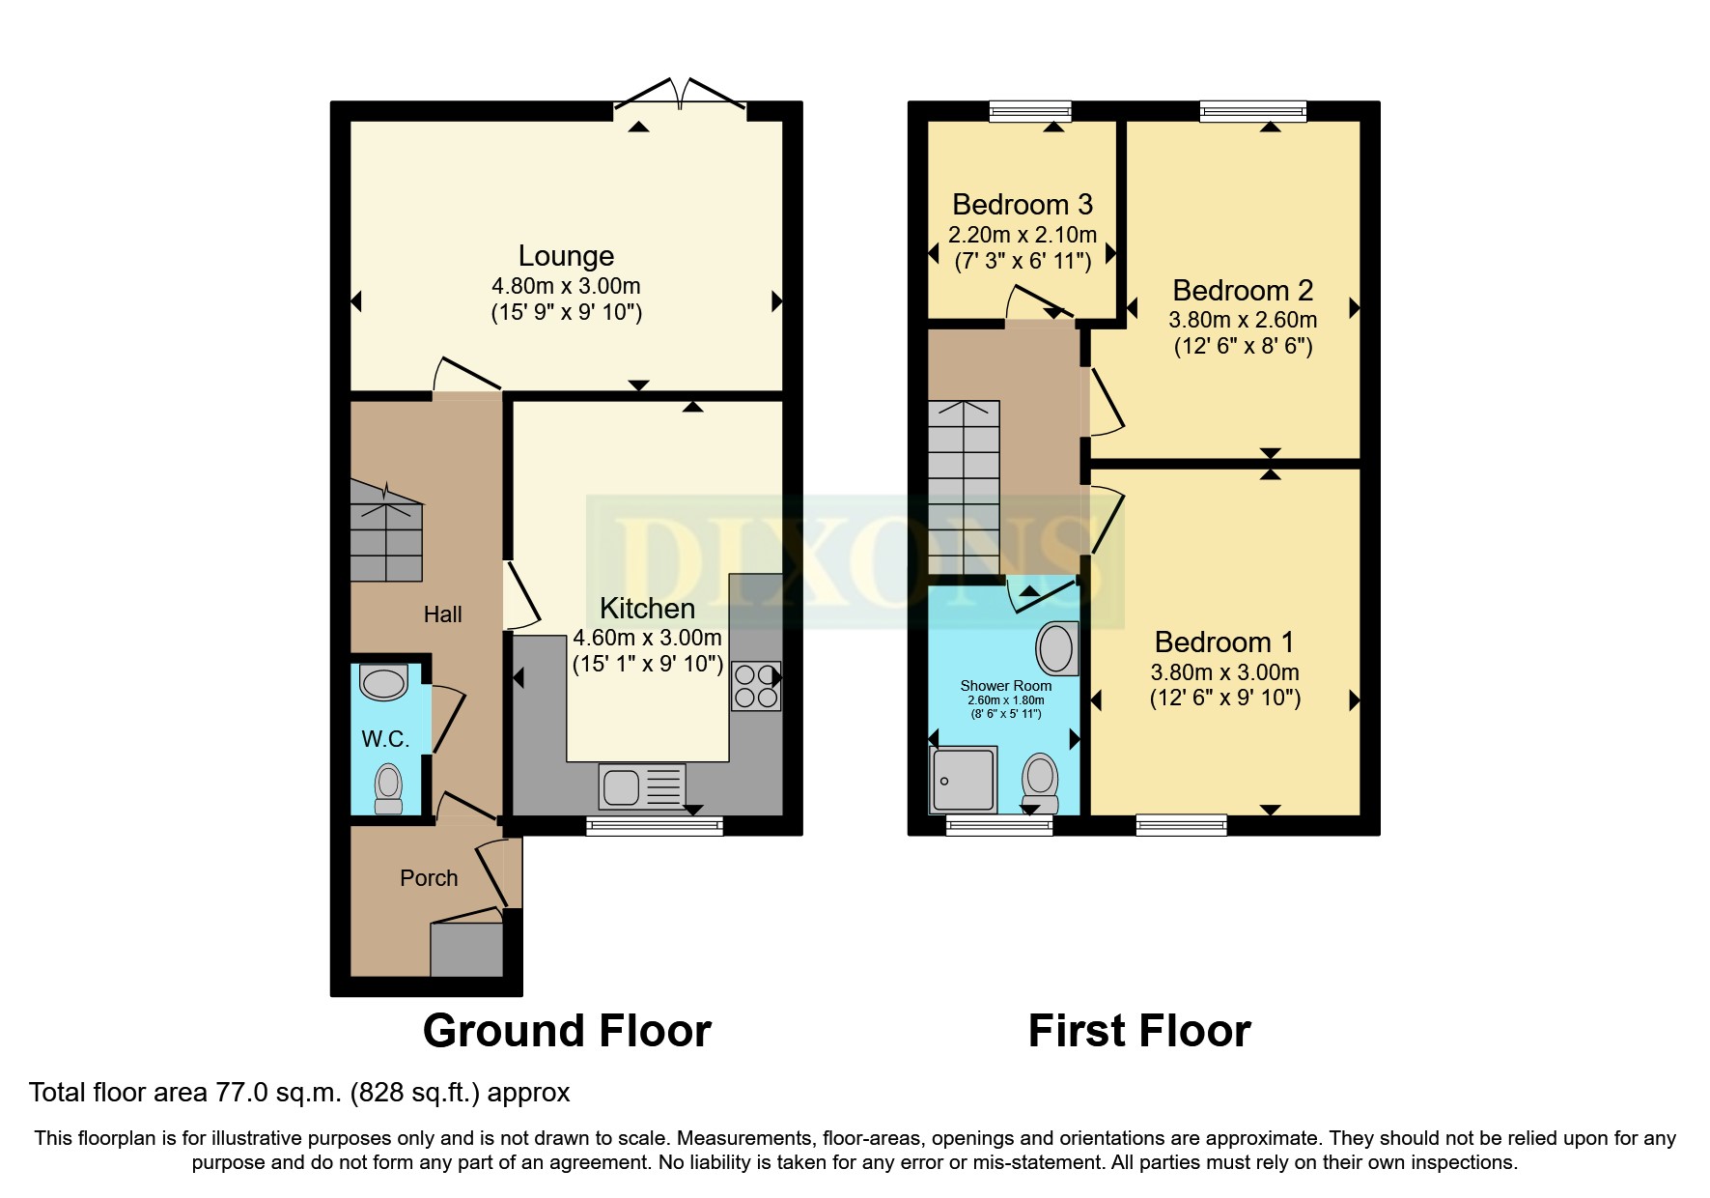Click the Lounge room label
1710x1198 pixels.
click(x=566, y=256)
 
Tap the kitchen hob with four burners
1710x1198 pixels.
click(x=755, y=686)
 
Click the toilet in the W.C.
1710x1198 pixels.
click(x=388, y=788)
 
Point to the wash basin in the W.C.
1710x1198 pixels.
click(x=383, y=682)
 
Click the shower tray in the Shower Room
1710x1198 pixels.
click(x=963, y=780)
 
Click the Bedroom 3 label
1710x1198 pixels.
click(x=1022, y=205)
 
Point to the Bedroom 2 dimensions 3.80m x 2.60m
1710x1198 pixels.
click(x=1243, y=320)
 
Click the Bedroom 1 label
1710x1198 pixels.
click(x=1223, y=642)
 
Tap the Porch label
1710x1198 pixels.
click(x=429, y=878)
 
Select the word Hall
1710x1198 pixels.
click(x=442, y=614)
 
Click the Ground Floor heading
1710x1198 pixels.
click(x=567, y=1031)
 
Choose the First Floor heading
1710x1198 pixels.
click(x=1139, y=1031)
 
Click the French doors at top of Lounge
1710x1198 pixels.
click(x=681, y=97)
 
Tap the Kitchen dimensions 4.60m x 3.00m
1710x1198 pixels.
click(x=647, y=638)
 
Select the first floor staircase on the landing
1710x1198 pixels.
click(x=964, y=488)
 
